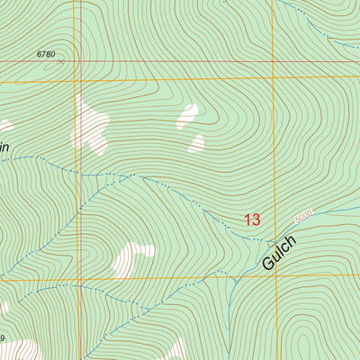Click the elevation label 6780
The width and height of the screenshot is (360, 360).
click(x=46, y=55)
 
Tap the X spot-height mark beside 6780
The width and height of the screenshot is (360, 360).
click(x=62, y=61)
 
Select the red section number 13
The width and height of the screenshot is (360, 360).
click(x=252, y=219)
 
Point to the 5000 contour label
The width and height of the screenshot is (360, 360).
click(x=302, y=216)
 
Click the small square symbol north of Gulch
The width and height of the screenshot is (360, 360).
click(x=271, y=242)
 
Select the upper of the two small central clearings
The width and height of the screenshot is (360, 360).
click(x=187, y=114)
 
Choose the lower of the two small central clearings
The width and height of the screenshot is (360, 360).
click(x=196, y=142)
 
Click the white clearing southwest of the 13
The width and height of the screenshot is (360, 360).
click(x=132, y=258)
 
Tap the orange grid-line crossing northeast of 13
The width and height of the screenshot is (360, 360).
click(x=274, y=78)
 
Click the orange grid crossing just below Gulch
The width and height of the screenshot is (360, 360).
click(x=274, y=276)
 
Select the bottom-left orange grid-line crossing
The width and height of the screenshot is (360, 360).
click(x=82, y=278)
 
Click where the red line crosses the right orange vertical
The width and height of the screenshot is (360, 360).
click(x=273, y=62)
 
